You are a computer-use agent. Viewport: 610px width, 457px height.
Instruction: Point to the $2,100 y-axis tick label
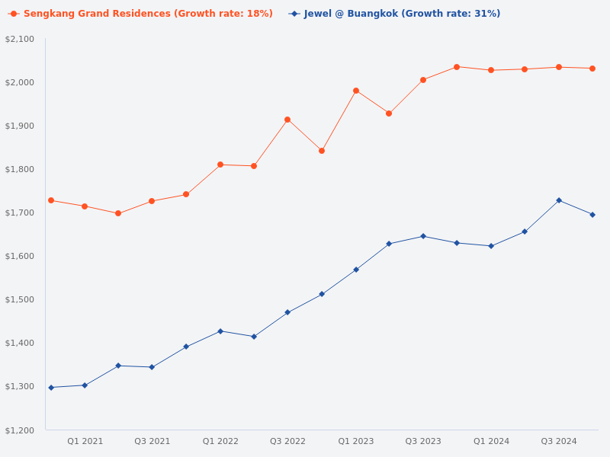click(x=20, y=40)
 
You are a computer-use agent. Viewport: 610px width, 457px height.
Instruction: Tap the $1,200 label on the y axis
click(x=20, y=431)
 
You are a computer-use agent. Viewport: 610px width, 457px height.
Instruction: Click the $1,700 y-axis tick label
click(x=20, y=213)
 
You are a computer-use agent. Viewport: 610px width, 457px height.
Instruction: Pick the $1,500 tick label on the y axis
click(x=20, y=300)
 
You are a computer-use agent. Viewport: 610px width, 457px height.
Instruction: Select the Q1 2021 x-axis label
click(x=85, y=442)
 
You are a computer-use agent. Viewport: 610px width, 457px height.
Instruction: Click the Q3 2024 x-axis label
click(x=559, y=442)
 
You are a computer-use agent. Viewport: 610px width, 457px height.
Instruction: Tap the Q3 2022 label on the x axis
click(x=287, y=442)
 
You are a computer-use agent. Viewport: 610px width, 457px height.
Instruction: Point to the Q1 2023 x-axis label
click(x=356, y=442)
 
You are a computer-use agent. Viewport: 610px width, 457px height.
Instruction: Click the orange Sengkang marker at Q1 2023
click(x=356, y=91)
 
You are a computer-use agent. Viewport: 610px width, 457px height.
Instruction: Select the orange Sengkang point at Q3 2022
click(x=287, y=120)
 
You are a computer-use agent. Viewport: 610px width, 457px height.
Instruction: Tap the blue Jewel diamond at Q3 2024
click(x=559, y=200)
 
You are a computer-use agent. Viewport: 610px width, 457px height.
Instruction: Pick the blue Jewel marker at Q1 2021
click(x=85, y=385)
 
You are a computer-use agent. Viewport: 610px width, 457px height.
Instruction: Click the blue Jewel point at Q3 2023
click(x=423, y=236)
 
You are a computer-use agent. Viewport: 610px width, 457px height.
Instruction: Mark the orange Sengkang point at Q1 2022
click(x=220, y=165)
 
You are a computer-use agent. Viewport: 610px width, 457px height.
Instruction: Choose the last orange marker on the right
click(x=592, y=69)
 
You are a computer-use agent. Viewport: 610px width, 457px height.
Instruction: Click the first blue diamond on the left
click(x=51, y=388)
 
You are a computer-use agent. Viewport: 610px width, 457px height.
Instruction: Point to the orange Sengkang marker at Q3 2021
click(x=152, y=201)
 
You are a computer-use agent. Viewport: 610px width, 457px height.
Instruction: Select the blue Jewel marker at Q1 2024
click(x=491, y=246)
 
